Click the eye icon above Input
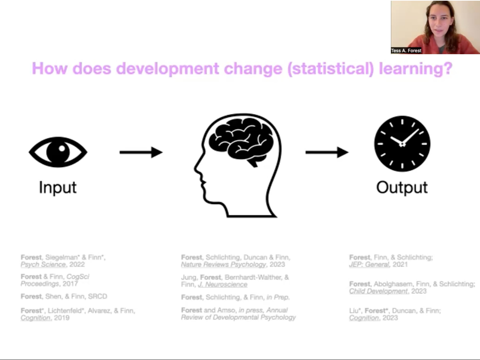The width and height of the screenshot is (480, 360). (58, 152)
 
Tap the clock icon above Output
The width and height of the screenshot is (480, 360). (402, 144)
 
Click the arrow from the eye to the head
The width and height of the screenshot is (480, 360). (141, 152)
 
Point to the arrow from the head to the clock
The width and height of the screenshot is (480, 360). (327, 152)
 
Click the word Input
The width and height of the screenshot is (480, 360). (58, 188)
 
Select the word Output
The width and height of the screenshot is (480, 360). (402, 188)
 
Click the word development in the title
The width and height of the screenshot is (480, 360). (168, 69)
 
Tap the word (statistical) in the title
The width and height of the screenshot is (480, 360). (331, 69)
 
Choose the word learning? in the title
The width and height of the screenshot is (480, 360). (415, 69)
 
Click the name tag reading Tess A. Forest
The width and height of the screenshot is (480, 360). (406, 51)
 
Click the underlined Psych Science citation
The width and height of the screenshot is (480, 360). (43, 264)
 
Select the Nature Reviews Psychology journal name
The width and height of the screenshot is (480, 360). (223, 264)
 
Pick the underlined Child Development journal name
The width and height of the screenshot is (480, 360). (379, 291)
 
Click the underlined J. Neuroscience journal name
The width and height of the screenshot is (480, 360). (222, 284)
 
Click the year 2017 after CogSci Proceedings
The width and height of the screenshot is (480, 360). (70, 284)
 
